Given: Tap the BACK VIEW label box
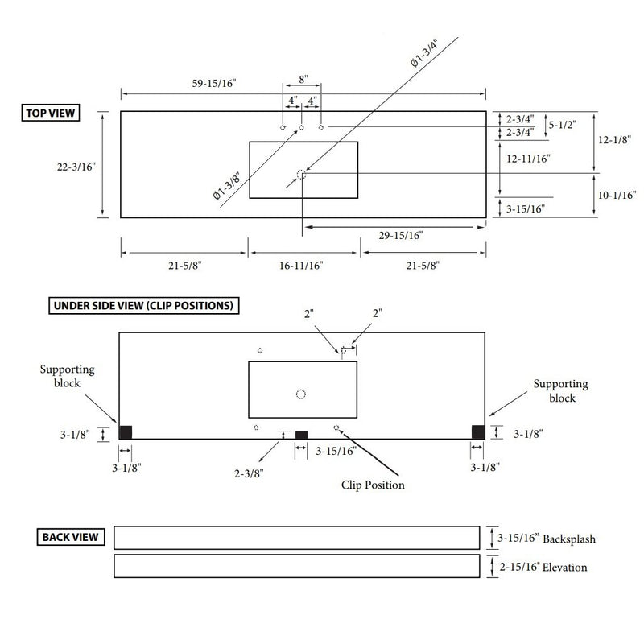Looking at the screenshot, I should (x=72, y=536).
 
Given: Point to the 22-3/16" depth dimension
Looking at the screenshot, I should (x=77, y=167).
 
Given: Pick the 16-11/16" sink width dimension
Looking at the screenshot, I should (x=301, y=265).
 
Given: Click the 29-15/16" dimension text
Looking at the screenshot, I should (x=399, y=235).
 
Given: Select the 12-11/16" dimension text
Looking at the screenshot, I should (x=527, y=159).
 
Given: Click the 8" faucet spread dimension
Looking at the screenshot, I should (x=302, y=80).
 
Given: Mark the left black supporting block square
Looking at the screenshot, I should (x=126, y=432).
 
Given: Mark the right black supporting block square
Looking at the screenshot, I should (x=478, y=432).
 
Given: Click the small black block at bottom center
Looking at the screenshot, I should (x=302, y=435).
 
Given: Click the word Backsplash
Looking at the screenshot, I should (x=569, y=539).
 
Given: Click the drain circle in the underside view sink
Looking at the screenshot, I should (x=301, y=394).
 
